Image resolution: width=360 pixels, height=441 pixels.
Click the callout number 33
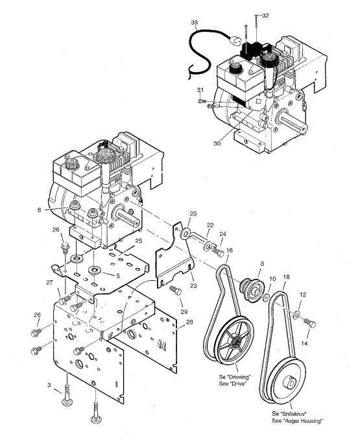(x=195, y=23)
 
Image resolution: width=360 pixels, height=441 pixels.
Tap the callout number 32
(x=265, y=16)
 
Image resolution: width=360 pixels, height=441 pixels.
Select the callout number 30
(x=217, y=143)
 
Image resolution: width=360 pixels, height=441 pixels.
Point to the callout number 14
(x=305, y=343)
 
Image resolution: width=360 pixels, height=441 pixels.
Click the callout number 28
(x=190, y=322)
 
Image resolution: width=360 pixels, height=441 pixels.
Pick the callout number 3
(x=49, y=385)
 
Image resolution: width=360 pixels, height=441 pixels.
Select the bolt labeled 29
(x=175, y=291)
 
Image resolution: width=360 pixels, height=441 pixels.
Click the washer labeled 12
(x=296, y=315)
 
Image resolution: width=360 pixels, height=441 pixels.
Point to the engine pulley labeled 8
(x=250, y=291)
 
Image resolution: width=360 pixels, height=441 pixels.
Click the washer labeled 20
(x=185, y=233)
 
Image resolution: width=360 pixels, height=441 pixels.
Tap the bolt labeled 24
(x=218, y=251)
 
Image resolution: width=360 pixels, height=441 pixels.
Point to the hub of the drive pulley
(x=235, y=342)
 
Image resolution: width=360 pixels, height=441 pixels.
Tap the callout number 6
(x=39, y=210)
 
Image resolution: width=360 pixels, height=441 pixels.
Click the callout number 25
(x=139, y=241)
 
